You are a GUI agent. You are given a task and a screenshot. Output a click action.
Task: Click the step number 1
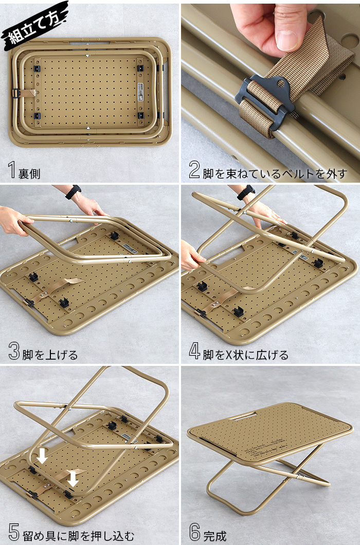pyautogui.click(x=12, y=170)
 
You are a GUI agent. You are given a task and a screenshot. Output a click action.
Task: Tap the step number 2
pyautogui.click(x=194, y=170)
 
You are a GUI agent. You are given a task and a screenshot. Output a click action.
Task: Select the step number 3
pyautogui.click(x=14, y=351)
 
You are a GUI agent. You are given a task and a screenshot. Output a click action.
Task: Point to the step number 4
pyautogui.click(x=194, y=351)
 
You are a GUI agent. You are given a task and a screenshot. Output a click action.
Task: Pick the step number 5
pyautogui.click(x=14, y=532)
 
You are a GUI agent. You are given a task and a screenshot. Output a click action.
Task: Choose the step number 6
pyautogui.click(x=195, y=532)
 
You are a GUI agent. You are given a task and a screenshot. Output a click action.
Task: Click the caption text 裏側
pyautogui.click(x=29, y=173)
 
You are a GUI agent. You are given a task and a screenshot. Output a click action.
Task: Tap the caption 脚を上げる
pyautogui.click(x=50, y=355)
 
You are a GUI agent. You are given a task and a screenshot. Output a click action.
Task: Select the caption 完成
pyautogui.click(x=215, y=536)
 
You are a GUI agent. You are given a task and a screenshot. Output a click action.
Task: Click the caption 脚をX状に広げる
pyautogui.click(x=245, y=355)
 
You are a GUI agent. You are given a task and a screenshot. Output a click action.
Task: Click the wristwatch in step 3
pyautogui.click(x=74, y=192)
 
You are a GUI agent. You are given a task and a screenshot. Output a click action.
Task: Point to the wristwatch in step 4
pyautogui.click(x=246, y=192)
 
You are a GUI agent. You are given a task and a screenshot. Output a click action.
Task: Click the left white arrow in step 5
pyautogui.click(x=42, y=455)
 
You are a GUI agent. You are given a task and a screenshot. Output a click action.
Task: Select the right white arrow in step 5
pyautogui.click(x=73, y=479)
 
